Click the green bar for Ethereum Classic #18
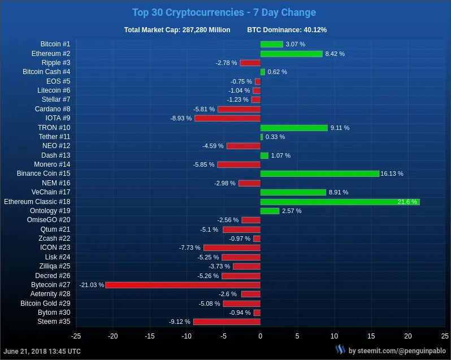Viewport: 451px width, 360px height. [x=340, y=202]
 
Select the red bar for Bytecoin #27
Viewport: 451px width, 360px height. [x=183, y=285]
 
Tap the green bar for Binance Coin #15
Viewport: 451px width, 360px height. [x=319, y=174]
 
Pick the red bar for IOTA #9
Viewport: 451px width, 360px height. [x=227, y=118]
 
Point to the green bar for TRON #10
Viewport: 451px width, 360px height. [x=294, y=128]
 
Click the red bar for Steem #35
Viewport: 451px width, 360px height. [x=227, y=322]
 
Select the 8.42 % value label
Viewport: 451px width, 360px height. [x=335, y=54]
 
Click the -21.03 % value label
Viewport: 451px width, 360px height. [x=92, y=285]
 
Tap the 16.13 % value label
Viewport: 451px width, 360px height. [x=392, y=174]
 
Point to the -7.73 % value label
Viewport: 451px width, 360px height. [x=190, y=248]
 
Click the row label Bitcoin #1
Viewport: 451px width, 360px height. [x=55, y=44]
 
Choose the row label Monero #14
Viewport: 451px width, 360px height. [x=52, y=164]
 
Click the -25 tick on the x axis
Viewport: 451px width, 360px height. [x=76, y=336]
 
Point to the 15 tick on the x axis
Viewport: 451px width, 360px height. [x=371, y=336]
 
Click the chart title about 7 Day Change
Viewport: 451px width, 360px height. [x=224, y=12]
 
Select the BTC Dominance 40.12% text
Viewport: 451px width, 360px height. [x=287, y=30]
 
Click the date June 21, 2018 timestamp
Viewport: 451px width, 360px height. [x=42, y=351]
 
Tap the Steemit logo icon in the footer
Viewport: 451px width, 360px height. [x=340, y=350]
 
